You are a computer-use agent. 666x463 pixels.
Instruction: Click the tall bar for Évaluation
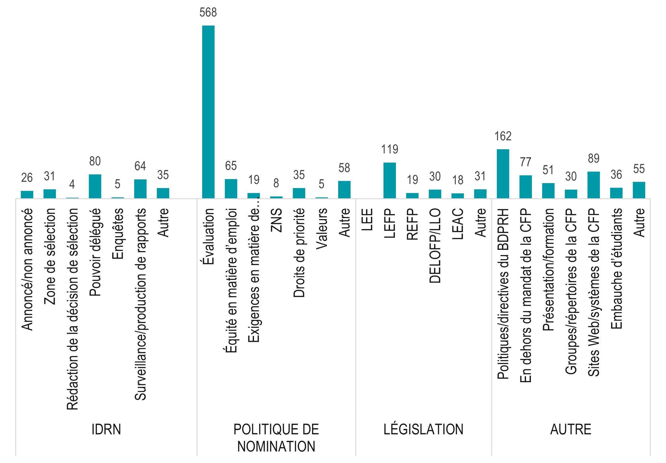[208, 112]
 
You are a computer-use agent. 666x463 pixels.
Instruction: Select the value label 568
[208, 13]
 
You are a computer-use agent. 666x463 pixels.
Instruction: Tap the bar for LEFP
[389, 180]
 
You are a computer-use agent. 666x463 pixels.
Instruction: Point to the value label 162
[503, 136]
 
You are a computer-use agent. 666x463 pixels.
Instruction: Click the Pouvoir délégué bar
[95, 186]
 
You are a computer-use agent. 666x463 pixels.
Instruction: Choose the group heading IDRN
[106, 429]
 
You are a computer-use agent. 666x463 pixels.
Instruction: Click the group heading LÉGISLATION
[423, 429]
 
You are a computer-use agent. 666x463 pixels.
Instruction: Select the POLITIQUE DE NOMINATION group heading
[276, 438]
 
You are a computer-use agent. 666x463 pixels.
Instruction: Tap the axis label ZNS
[276, 220]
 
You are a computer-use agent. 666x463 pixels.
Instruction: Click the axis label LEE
[367, 220]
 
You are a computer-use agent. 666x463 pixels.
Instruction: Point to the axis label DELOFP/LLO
[435, 246]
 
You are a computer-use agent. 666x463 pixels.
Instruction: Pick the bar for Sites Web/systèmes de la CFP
[593, 185]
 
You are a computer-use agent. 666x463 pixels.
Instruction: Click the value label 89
[593, 159]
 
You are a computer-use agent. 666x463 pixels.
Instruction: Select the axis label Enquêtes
[118, 233]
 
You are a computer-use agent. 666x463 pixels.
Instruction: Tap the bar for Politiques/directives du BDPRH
[503, 174]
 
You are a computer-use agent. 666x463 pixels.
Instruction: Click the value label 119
[389, 149]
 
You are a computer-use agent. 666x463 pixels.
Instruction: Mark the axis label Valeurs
[322, 228]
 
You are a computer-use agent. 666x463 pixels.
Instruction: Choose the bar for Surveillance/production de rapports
[140, 189]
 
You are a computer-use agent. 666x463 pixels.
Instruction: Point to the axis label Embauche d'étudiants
[616, 268]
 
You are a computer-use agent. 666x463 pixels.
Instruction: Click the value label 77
[525, 162]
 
